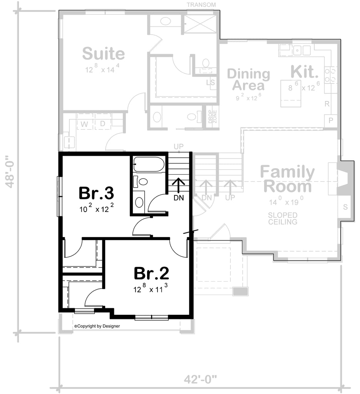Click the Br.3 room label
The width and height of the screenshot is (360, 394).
pos(96,193)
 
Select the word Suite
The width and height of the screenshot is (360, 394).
pos(103,53)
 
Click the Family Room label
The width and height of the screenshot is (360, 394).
pos(287,179)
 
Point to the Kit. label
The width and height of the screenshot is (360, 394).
pos(305,72)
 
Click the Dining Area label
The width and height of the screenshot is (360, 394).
pos(248,79)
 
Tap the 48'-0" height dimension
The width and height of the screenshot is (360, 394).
pos(10,172)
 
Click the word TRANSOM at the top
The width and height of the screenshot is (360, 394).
pos(201,5)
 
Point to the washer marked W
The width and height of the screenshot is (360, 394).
pos(85,122)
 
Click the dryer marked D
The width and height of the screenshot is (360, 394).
pos(103,122)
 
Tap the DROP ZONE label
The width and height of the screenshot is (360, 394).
pos(213,117)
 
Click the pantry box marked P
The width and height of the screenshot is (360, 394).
pos(331,120)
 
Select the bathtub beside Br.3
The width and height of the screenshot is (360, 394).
pos(149,164)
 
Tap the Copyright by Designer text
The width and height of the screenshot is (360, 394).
pos(97,326)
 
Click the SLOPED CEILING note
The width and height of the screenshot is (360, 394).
pos(283,219)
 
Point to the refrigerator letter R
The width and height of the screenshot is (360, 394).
pos(327,104)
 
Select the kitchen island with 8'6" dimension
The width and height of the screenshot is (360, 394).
pos(291,93)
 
